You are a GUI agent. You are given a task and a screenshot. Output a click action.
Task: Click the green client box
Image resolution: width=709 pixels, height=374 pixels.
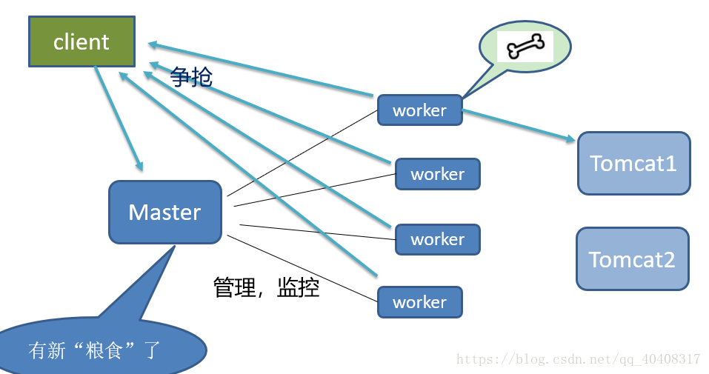[x=81, y=41]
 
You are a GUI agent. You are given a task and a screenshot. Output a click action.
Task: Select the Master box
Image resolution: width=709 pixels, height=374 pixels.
[x=164, y=212]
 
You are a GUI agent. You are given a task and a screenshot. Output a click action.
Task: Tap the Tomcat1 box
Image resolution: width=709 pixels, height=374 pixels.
[x=633, y=163]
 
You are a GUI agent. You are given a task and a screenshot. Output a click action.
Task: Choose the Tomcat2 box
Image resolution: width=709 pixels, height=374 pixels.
[x=632, y=258]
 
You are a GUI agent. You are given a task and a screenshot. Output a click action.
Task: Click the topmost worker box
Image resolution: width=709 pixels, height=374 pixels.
[x=419, y=110]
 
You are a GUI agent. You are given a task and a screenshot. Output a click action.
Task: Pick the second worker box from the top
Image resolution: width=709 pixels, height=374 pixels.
[x=437, y=174]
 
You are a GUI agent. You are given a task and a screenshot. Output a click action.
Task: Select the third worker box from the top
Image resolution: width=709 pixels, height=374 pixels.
[x=437, y=239]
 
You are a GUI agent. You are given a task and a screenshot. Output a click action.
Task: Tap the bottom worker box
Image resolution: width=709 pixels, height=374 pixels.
[x=419, y=302]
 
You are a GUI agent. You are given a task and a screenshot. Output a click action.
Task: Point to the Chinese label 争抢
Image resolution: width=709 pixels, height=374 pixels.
[x=191, y=76]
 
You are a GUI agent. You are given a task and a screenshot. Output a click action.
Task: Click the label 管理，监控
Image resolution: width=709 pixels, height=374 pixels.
[x=266, y=287]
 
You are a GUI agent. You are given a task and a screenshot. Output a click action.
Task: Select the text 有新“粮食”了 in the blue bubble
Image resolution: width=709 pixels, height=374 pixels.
[x=94, y=350]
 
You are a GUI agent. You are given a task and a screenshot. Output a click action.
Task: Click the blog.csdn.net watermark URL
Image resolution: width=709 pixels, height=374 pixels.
[x=578, y=359]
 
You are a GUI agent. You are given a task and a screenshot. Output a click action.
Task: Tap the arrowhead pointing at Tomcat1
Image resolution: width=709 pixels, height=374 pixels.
[x=570, y=138]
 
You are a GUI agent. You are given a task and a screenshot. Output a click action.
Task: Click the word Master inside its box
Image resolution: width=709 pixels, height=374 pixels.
[x=164, y=213]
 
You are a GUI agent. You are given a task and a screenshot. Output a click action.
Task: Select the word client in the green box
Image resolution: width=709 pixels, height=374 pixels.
[x=81, y=42]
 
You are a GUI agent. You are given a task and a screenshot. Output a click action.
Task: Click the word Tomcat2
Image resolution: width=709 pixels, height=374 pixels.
[x=632, y=259]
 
